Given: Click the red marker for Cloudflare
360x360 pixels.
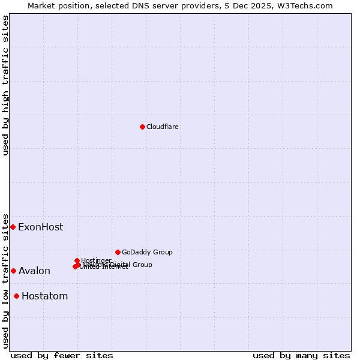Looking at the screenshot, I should coord(142,127).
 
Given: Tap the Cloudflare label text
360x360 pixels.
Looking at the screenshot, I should coord(163,127).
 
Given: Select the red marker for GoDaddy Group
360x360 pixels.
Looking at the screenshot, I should coord(118,252).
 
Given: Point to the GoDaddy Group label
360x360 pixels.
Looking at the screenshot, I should coord(147,252).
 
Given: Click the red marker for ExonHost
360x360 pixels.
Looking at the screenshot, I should coord(13,227).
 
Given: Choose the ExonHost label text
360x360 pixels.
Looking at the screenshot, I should coord(40,227).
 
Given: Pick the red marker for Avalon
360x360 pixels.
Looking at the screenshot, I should coord(13,271).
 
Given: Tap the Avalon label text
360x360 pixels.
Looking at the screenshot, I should coord(34,271).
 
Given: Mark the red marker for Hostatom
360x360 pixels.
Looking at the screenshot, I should coord(16,296).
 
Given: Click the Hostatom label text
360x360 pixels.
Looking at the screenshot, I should coord(44,296).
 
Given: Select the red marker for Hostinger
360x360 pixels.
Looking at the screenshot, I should coord(77,260).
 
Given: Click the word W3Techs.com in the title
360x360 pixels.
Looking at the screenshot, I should coord(306,5).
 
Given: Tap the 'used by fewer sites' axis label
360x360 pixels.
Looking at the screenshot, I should coord(62,355).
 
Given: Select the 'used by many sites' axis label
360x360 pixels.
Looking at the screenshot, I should coord(301,355).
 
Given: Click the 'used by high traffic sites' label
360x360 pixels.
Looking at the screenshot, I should coord(5,85).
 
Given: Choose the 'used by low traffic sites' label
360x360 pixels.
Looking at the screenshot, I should coord(5,281).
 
